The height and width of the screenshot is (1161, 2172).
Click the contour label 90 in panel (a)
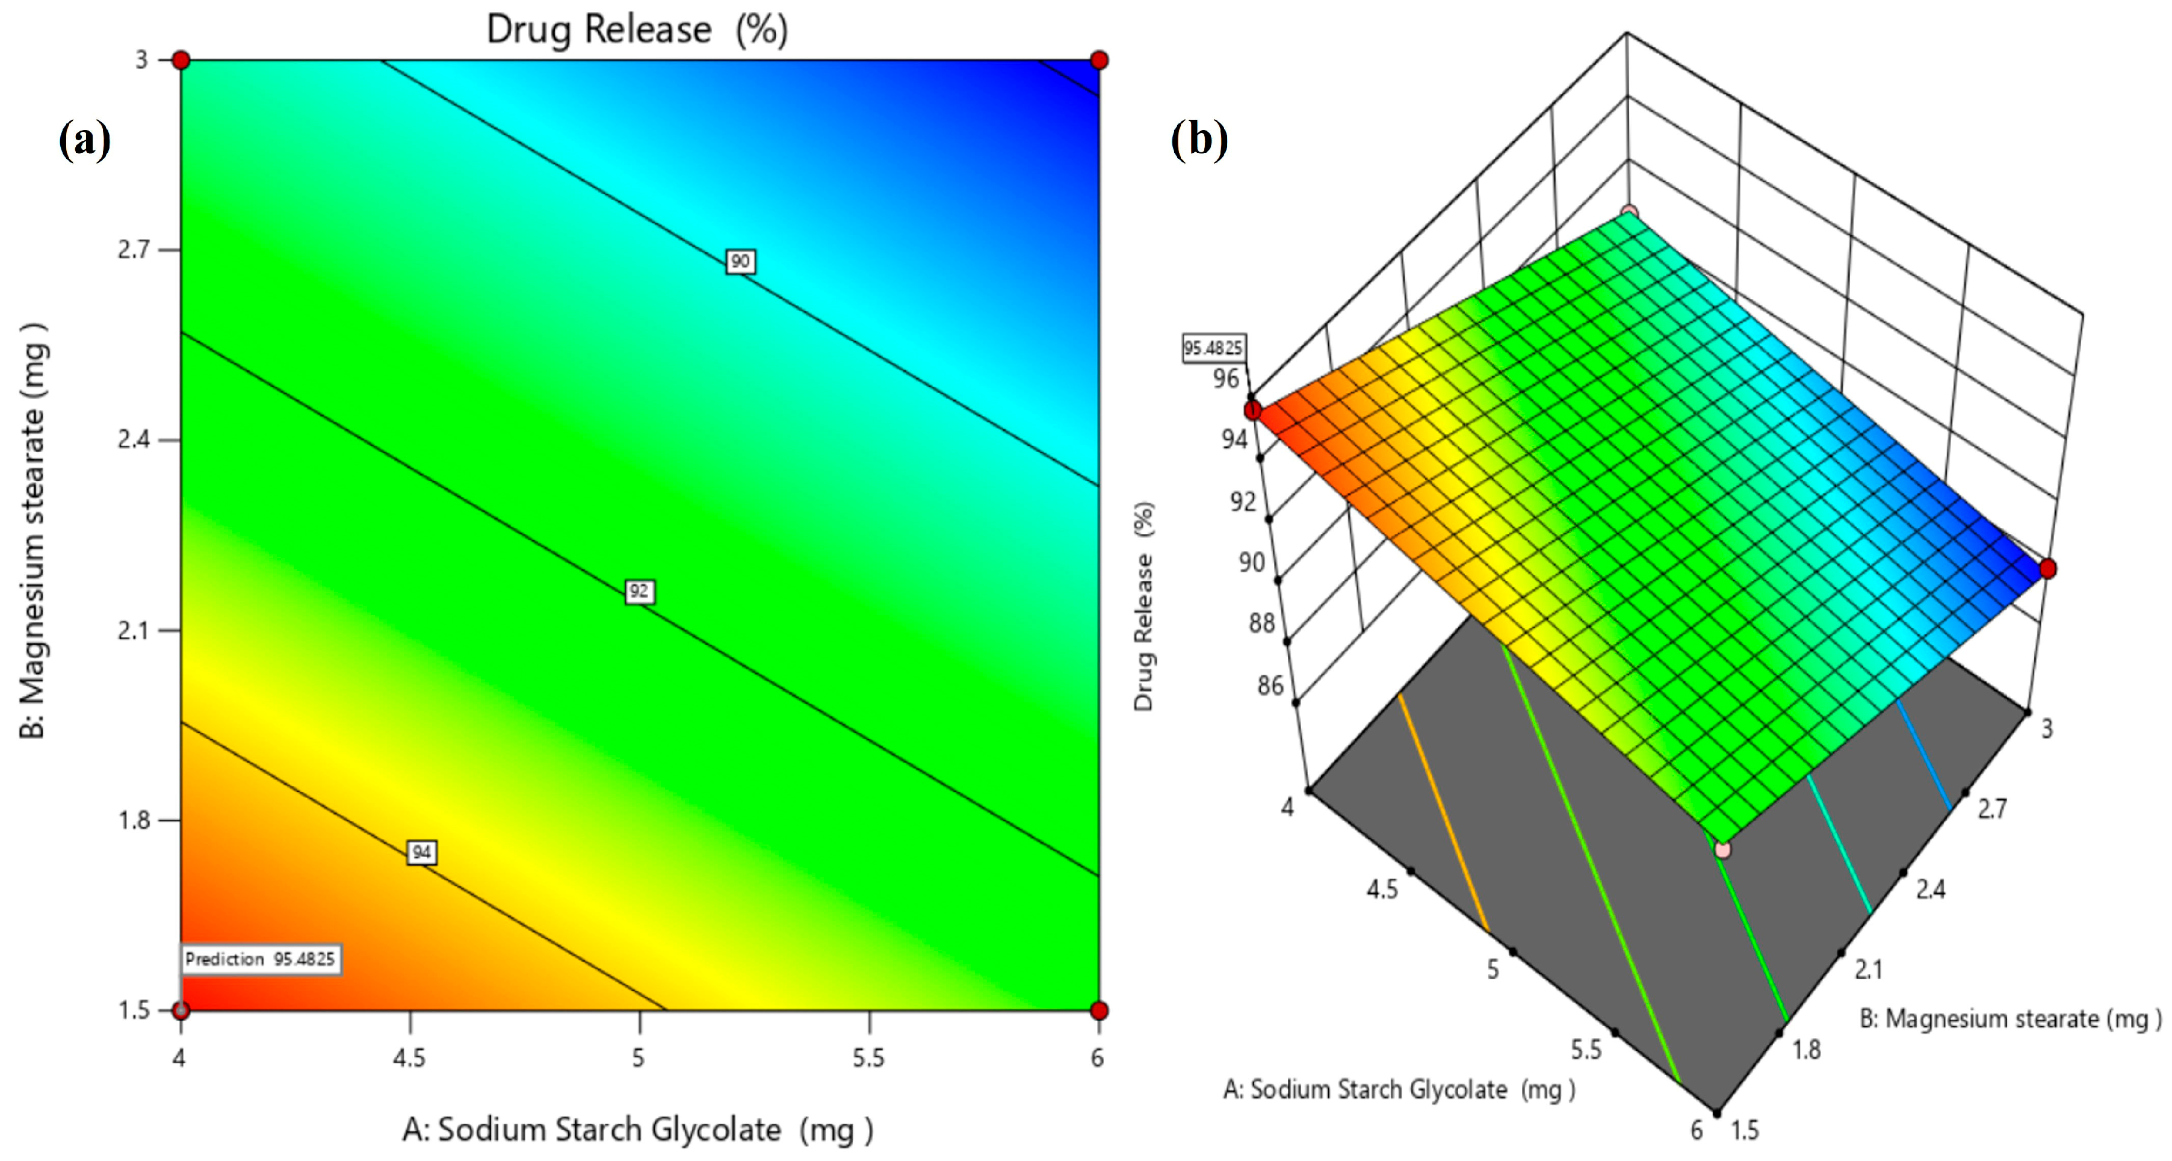point(740,261)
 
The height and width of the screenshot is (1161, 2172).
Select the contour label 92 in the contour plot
point(639,591)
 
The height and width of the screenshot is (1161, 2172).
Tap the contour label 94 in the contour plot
point(422,852)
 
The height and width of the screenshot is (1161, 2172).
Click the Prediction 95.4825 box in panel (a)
point(261,959)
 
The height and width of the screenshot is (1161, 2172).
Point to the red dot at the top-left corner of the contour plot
point(181,60)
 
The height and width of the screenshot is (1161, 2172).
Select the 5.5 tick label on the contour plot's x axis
point(868,1057)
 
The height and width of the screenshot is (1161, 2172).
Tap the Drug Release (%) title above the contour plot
point(637,29)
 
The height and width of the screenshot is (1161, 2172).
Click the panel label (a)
point(84,139)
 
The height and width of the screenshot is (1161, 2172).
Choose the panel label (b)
point(1199,139)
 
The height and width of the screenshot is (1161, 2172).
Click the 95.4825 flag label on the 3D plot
point(1213,347)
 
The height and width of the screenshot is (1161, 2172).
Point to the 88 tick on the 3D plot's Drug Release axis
point(1261,623)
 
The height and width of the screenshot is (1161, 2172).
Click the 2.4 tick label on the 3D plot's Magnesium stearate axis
point(1931,889)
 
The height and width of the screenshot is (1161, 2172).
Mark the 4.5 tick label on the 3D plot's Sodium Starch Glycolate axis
point(1382,889)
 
